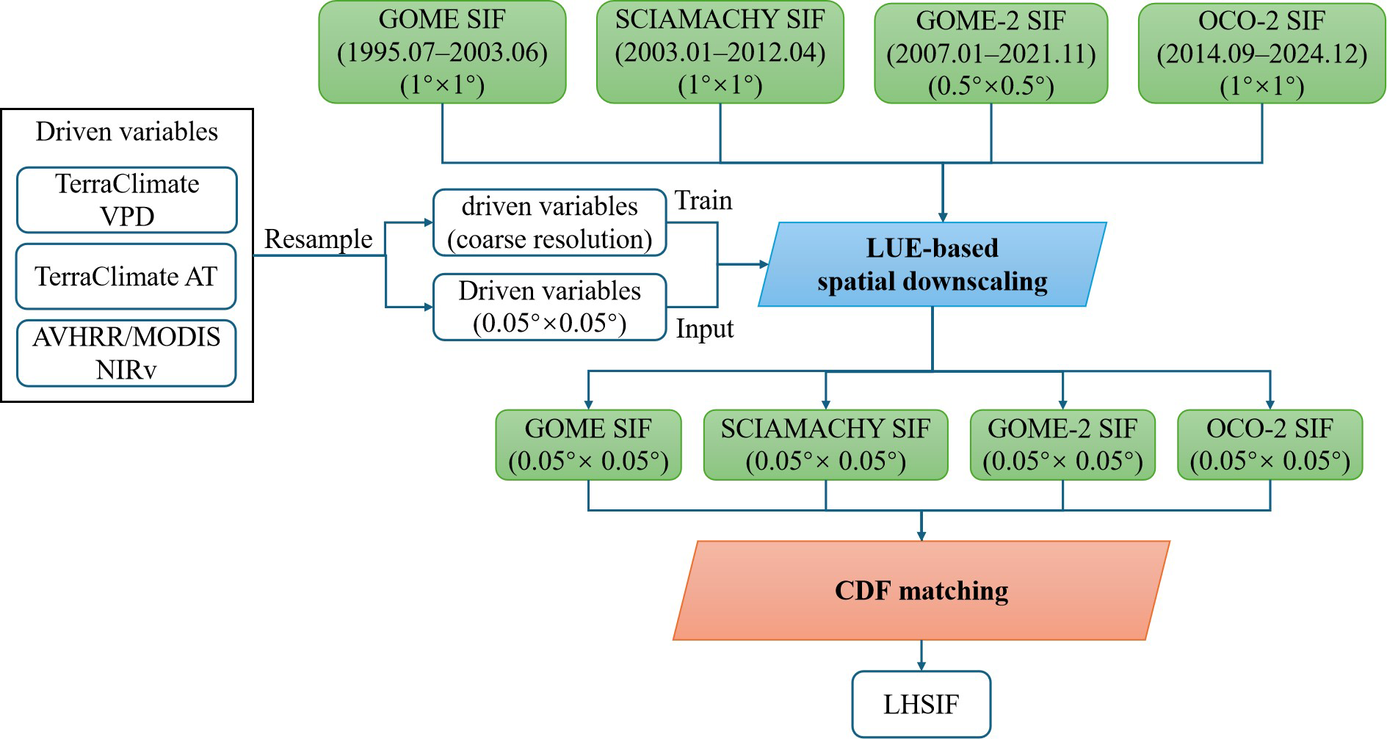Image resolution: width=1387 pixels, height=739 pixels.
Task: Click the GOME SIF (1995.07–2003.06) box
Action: tap(442, 53)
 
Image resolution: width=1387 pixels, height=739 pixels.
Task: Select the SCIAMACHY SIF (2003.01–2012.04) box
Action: tap(720, 53)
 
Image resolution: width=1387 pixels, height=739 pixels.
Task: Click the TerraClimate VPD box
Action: tap(127, 200)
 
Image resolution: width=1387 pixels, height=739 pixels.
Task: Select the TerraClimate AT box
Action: tap(126, 277)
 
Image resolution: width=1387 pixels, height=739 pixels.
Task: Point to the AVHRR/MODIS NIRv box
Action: tap(126, 353)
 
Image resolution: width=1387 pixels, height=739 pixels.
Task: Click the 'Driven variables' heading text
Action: tap(127, 131)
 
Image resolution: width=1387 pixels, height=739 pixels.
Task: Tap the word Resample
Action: tap(318, 239)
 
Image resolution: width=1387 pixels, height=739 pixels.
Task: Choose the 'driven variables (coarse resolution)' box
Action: tap(549, 222)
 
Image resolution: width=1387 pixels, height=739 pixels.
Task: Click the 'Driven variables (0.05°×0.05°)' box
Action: tap(549, 307)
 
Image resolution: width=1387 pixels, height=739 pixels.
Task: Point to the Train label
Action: tap(703, 200)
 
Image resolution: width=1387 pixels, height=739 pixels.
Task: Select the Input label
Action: tap(704, 329)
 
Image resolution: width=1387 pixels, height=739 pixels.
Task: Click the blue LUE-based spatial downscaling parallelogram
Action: tap(932, 264)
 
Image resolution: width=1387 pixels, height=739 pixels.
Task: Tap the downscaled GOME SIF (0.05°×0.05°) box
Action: tap(588, 445)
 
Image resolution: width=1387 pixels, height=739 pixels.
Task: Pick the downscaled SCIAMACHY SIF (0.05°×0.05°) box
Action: tap(825, 445)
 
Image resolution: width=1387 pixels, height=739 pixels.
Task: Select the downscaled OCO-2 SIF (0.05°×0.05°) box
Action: tap(1270, 445)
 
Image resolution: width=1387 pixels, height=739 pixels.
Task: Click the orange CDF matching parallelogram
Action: tap(921, 591)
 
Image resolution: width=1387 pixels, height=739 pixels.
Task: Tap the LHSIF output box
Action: tap(921, 705)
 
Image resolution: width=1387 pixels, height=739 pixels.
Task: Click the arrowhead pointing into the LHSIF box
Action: tap(921, 666)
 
